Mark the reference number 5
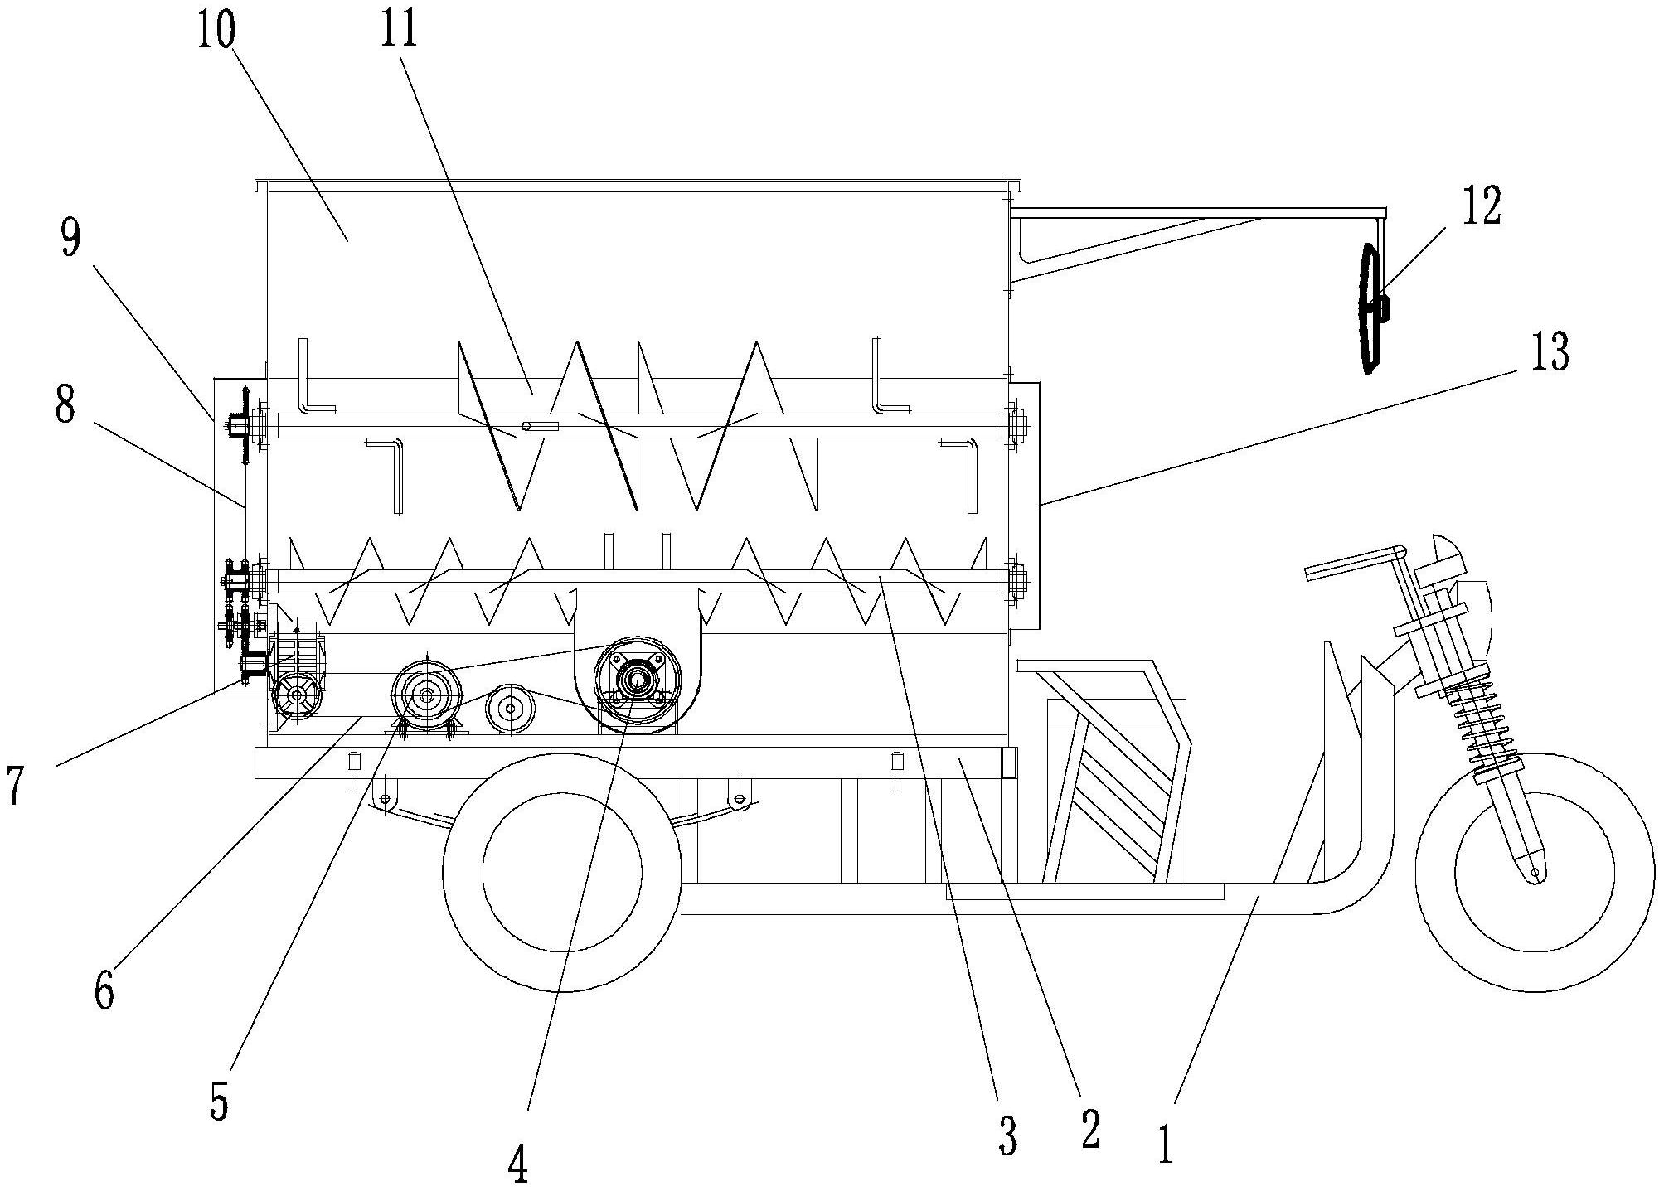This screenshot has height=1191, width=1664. coord(218,1101)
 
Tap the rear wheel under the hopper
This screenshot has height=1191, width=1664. coord(562,872)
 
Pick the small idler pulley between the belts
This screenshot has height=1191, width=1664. coord(509,709)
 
